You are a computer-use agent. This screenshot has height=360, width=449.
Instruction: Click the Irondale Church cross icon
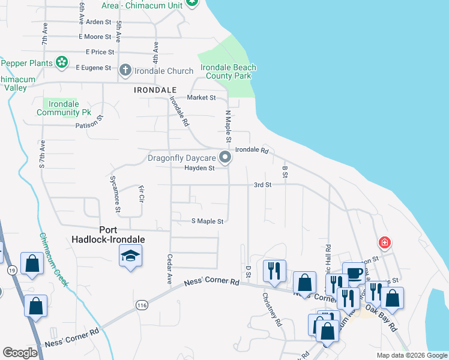coord(125,70)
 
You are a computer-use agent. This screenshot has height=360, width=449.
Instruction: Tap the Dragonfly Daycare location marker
coord(226,158)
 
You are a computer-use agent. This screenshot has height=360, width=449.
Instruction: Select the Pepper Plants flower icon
coord(61,62)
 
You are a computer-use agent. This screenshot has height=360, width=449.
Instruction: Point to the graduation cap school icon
coord(129,257)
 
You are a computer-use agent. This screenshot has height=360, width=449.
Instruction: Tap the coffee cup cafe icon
coord(354,274)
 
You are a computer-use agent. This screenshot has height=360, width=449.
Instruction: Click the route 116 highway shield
coord(142,305)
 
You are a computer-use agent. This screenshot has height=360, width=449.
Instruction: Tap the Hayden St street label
coord(199,169)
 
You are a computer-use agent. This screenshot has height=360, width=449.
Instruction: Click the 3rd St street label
coord(262,185)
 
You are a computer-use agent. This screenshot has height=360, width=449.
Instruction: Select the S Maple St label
coord(207,221)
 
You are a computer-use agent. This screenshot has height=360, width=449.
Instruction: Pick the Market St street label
coord(201,97)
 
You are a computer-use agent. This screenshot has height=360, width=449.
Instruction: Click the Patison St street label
coord(89,125)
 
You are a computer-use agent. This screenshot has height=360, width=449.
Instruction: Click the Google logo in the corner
coord(20,353)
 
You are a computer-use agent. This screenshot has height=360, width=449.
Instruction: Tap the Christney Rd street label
coord(271,310)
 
